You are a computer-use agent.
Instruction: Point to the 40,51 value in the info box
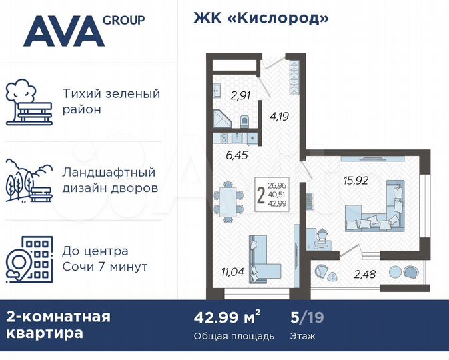[276, 195]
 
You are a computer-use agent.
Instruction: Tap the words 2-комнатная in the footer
[58, 316]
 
